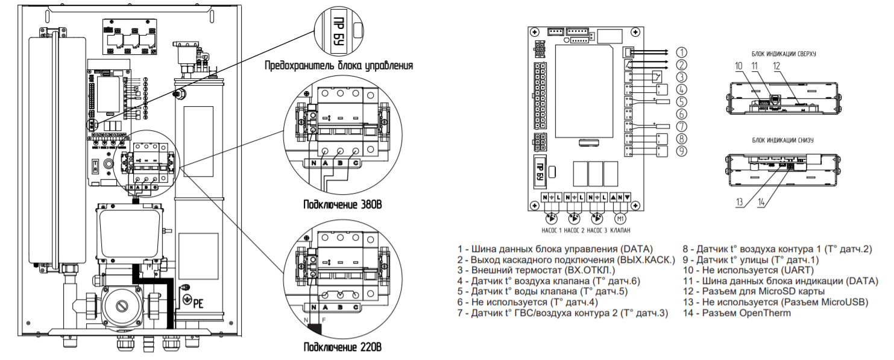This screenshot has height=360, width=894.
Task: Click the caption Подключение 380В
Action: [x=342, y=204]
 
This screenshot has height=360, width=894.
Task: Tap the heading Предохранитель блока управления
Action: [x=339, y=65]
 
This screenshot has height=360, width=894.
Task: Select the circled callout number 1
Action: [x=681, y=52]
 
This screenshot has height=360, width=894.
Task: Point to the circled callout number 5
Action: [x=681, y=101]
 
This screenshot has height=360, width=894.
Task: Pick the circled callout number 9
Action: [x=681, y=151]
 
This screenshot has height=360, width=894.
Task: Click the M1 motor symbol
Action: [x=621, y=218]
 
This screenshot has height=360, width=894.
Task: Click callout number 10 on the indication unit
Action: [x=739, y=65]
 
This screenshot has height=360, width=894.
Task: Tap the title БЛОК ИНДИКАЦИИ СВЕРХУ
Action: [x=783, y=53]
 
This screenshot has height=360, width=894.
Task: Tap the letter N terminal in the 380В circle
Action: [x=315, y=162]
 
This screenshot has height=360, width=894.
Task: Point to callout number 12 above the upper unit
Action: [x=776, y=65]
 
